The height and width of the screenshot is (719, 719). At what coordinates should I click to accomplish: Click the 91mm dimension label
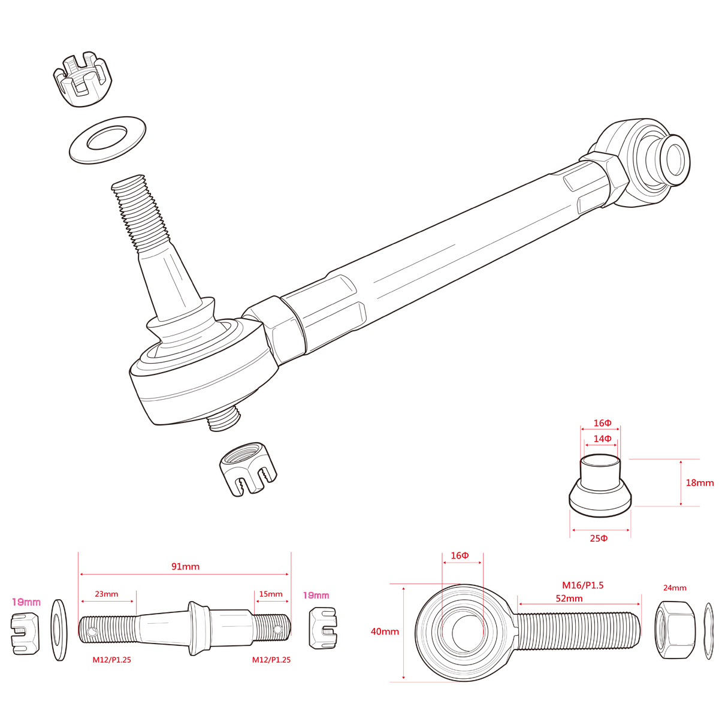(x=185, y=566)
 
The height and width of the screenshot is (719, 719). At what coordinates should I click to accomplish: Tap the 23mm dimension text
(x=107, y=594)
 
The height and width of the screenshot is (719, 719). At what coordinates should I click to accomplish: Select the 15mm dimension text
(x=271, y=594)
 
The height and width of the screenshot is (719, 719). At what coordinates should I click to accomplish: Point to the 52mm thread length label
(x=569, y=598)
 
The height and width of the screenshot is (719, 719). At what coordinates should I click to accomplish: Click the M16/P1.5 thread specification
(x=582, y=585)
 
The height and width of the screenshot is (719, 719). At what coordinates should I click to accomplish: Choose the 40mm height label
(x=385, y=631)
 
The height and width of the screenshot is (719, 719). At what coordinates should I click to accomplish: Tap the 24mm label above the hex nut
(x=675, y=588)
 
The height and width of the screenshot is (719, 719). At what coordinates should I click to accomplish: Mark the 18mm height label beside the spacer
(x=699, y=482)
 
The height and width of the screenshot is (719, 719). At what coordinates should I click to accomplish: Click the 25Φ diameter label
(x=599, y=538)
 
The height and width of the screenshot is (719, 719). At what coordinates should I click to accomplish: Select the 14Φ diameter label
(x=602, y=439)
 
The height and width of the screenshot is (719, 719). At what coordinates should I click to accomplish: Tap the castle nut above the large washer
(x=83, y=79)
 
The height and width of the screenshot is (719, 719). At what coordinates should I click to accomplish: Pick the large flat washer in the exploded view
(x=108, y=140)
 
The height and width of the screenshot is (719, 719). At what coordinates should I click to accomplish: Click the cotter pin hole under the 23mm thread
(x=92, y=631)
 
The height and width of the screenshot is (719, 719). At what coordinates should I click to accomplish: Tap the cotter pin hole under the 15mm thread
(x=277, y=630)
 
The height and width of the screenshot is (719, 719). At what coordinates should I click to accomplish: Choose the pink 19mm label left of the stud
(x=26, y=601)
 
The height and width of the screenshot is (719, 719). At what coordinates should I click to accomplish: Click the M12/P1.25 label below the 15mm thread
(x=271, y=660)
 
